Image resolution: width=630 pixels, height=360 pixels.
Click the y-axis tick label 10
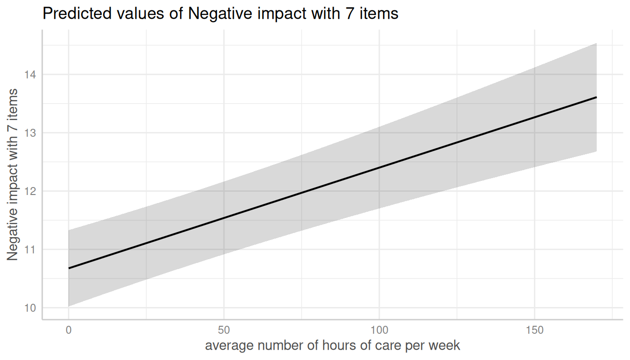(x=32, y=307)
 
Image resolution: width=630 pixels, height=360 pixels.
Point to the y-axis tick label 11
(x=32, y=249)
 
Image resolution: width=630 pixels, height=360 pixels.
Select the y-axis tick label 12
(x=32, y=191)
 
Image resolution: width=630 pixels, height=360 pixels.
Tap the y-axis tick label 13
(x=32, y=133)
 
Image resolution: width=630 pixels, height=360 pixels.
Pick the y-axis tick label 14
(x=32, y=75)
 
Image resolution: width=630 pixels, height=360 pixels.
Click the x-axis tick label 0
(x=68, y=330)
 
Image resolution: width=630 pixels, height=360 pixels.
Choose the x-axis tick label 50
(x=224, y=330)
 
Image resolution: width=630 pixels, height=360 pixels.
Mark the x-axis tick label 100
(x=379, y=330)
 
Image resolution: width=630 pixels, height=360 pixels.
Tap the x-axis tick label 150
(x=534, y=330)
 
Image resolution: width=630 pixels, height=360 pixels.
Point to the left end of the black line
(x=69, y=268)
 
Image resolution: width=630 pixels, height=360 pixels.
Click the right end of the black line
(x=596, y=97)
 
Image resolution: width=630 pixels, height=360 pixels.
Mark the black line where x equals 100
(x=379, y=167)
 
